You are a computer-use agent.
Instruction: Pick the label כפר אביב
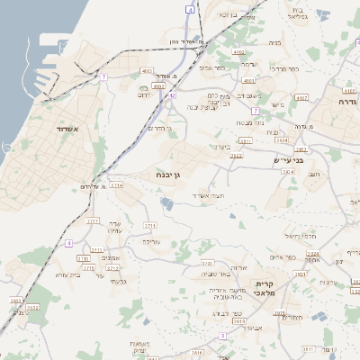tap(212, 67)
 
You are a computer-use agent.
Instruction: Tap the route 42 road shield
tap(172, 94)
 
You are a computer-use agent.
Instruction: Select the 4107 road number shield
tap(301, 96)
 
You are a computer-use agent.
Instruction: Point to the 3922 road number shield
tap(236, 155)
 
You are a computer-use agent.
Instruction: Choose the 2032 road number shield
tap(31, 307)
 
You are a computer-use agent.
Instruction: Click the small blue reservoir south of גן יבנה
tap(166, 204)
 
